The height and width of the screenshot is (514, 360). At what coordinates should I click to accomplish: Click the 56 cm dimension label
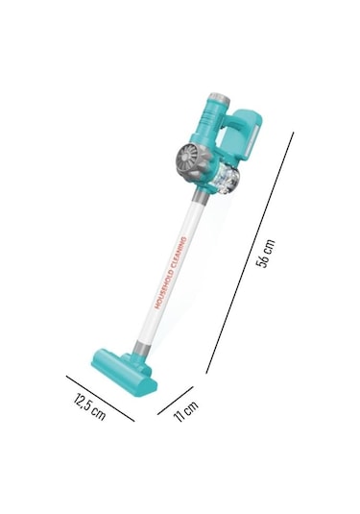tap(266, 254)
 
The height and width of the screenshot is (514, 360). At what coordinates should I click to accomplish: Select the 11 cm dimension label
tap(185, 411)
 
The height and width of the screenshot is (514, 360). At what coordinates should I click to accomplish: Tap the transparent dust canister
tap(227, 180)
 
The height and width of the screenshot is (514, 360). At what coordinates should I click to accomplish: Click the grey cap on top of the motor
tap(219, 98)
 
